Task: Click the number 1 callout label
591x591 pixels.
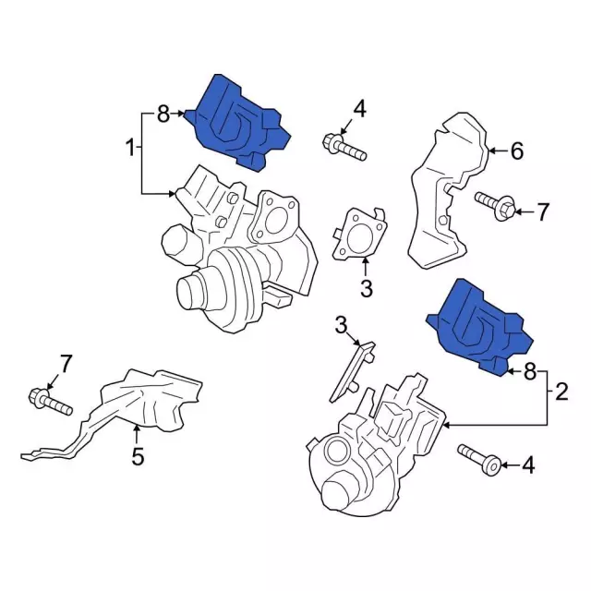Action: click(x=131, y=147)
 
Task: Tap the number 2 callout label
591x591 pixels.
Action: click(x=561, y=392)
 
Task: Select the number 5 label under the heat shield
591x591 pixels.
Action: click(x=137, y=455)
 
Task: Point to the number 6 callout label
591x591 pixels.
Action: click(x=516, y=151)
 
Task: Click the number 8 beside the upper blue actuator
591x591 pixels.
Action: click(x=163, y=115)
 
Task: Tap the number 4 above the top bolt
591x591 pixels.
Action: click(x=359, y=110)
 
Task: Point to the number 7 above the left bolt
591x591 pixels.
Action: click(x=65, y=363)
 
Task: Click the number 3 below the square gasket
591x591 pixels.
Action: click(x=366, y=289)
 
